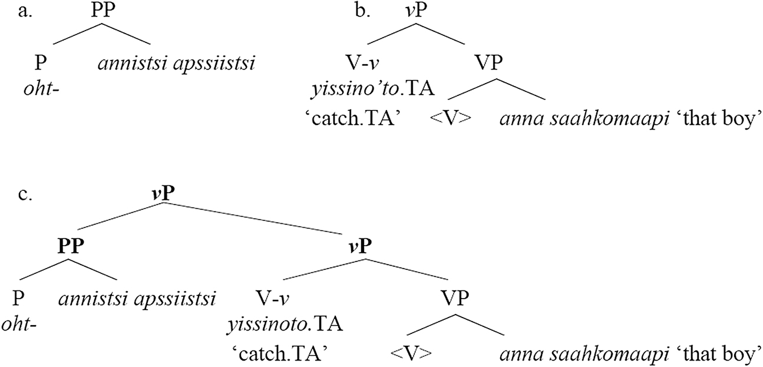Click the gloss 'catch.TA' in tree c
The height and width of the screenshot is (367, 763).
280,354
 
